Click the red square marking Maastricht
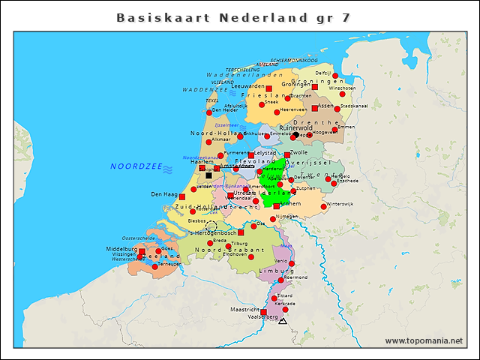click(263, 312)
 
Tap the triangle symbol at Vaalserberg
click(283, 321)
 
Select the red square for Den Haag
click(182, 196)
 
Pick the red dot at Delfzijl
click(335, 76)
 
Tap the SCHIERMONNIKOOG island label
click(294, 60)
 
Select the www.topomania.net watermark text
click(424, 341)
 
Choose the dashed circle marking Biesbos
click(211, 226)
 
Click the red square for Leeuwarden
click(268, 88)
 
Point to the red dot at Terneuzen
click(155, 266)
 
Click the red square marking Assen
click(314, 108)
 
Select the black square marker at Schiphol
click(208, 175)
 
